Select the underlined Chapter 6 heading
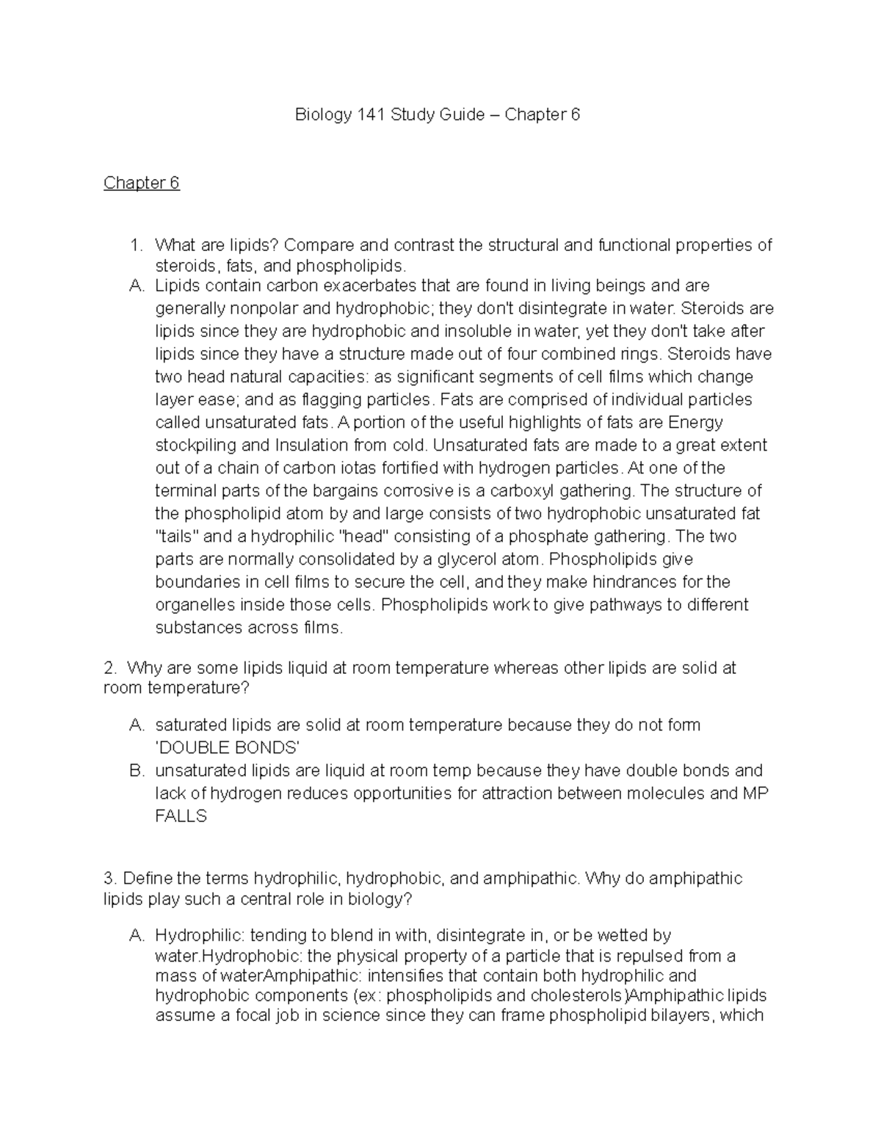click(141, 183)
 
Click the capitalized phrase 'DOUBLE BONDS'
click(228, 748)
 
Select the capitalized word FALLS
click(181, 816)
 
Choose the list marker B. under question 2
click(137, 771)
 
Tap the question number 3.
click(110, 879)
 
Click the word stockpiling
click(196, 446)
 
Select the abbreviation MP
click(755, 794)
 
